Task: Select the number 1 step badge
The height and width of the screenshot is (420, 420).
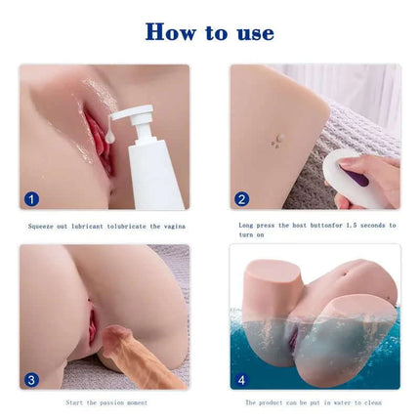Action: pyautogui.click(x=31, y=198)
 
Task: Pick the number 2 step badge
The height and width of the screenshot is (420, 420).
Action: pyautogui.click(x=242, y=198)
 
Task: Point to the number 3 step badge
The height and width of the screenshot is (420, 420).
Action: pyautogui.click(x=31, y=379)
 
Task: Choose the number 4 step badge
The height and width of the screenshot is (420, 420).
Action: pyautogui.click(x=242, y=379)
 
